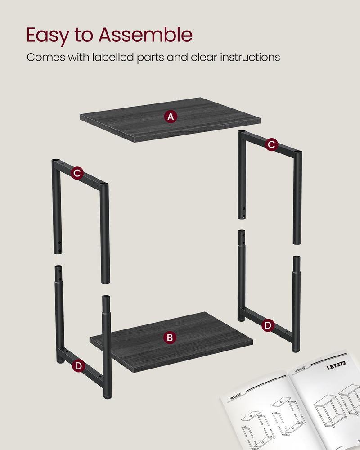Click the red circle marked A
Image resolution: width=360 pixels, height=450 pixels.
[170, 117]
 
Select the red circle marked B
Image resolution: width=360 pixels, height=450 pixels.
[169, 337]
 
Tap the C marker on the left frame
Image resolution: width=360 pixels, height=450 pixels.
[77, 173]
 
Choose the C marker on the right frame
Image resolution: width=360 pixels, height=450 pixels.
[271, 144]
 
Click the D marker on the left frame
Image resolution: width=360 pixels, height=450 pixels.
[78, 366]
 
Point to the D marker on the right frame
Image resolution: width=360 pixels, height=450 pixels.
[268, 325]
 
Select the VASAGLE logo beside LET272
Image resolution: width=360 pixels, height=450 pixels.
[303, 369]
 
